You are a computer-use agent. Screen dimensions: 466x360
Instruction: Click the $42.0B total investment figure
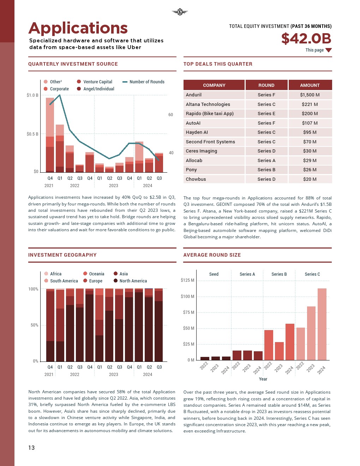coord(306,38)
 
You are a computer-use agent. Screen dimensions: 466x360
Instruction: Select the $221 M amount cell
coord(310,104)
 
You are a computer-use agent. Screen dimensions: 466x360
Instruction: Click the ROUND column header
coord(266,85)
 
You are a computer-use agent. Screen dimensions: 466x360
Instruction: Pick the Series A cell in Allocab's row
coord(266,161)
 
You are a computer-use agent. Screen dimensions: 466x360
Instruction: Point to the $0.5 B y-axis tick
coord(32,134)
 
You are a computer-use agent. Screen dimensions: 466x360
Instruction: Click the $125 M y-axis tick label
coord(187,280)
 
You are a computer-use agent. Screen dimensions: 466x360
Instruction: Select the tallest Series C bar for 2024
coord(322,324)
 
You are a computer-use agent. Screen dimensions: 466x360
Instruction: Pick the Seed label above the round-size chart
coord(214,274)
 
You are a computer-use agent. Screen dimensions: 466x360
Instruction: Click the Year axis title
coord(263,379)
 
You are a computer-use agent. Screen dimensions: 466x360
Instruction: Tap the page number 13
coord(31,448)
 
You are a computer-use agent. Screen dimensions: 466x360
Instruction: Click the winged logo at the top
coord(180,12)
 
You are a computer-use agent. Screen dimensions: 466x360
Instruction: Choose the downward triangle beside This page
coord(329,50)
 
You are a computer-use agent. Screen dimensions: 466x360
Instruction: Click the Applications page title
coord(78,28)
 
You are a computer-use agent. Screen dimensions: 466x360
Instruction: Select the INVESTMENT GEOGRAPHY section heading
coord(62,255)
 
